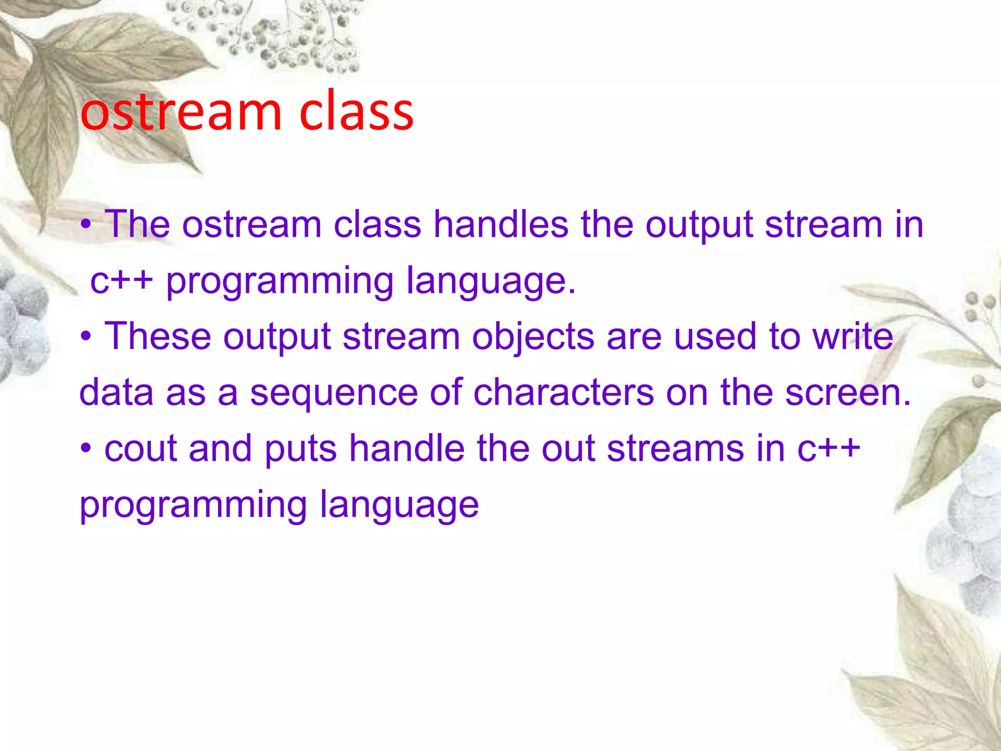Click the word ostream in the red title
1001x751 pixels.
coord(181,112)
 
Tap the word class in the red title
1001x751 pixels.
coord(356,112)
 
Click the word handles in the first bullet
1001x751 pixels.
coord(501,225)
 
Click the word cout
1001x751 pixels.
coord(140,449)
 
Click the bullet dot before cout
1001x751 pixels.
coord(87,449)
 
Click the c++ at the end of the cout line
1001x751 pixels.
coord(828,449)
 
